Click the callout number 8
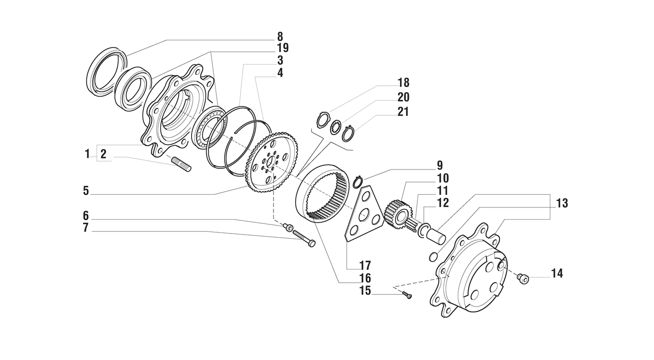(x=279, y=37)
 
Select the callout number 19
(x=283, y=49)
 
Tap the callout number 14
(x=557, y=274)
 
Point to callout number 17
(x=365, y=265)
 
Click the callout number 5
(x=86, y=191)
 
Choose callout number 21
(x=403, y=112)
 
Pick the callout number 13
(x=562, y=203)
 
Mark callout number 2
(x=104, y=155)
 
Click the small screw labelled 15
(x=407, y=295)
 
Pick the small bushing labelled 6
(x=288, y=227)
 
